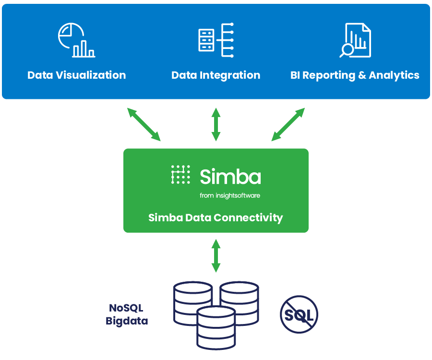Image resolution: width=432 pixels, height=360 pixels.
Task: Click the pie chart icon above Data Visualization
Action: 76,40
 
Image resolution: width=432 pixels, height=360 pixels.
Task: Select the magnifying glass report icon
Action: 355,40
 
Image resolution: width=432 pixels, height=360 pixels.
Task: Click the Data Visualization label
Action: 77,75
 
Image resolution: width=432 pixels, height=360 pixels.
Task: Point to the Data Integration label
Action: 216,75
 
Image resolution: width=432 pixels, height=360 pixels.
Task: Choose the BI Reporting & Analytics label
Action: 355,75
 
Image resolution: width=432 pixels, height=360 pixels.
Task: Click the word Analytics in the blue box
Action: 394,75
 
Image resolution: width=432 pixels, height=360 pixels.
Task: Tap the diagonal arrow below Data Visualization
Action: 144,124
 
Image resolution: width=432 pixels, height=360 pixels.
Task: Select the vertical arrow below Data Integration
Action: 216,124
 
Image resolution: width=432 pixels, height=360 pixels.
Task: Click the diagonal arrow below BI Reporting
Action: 288,124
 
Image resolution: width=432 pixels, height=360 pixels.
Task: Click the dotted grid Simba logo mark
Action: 180,175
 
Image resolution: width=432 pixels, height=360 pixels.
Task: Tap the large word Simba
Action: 230,176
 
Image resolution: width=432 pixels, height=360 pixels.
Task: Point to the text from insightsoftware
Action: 230,195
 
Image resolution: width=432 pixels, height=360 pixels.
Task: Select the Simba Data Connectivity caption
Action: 216,217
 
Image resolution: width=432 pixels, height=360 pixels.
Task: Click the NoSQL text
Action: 126,308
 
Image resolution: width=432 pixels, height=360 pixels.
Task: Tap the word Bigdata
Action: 127,321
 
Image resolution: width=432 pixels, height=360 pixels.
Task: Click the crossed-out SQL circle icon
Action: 299,314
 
